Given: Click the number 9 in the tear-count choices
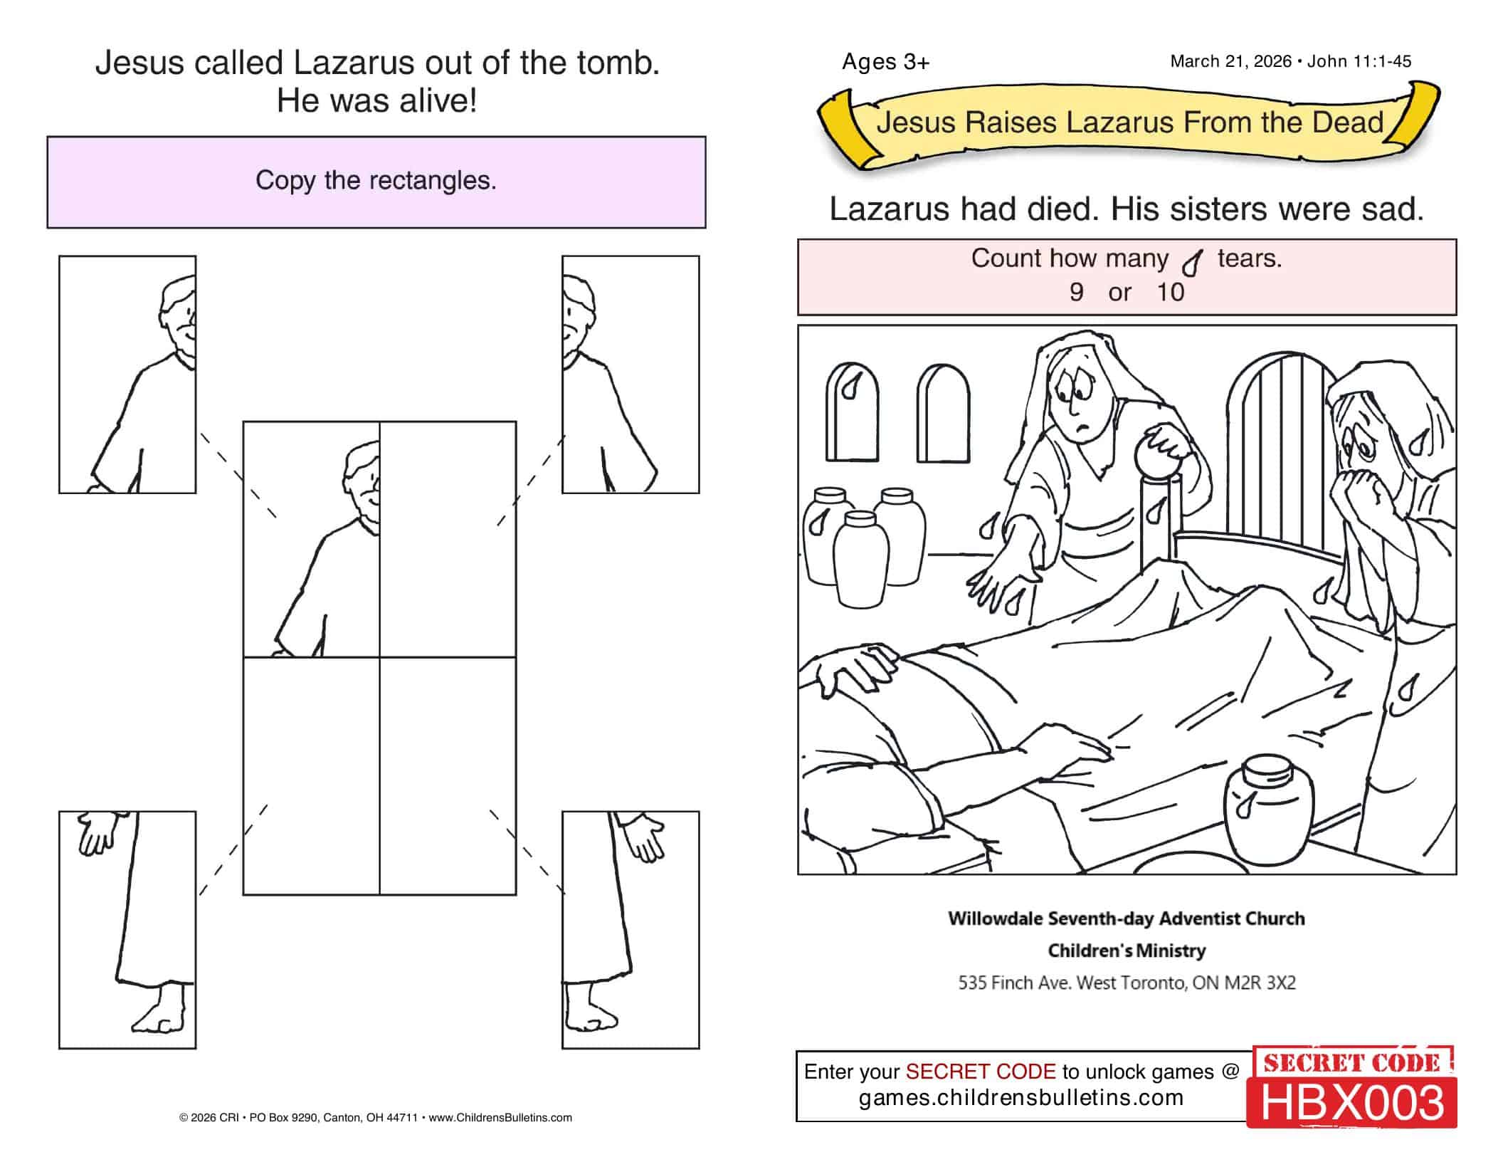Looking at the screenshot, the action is pyautogui.click(x=1076, y=292).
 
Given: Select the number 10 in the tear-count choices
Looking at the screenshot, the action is pyautogui.click(x=1170, y=292).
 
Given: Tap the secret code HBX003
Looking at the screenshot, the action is pyautogui.click(x=1352, y=1102).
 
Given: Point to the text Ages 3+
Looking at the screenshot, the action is pyautogui.click(x=885, y=62).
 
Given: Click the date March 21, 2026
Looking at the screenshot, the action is pyautogui.click(x=1230, y=61).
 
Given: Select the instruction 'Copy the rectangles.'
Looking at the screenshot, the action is pyautogui.click(x=376, y=180).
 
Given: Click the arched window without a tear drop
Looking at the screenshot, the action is pyautogui.click(x=943, y=414).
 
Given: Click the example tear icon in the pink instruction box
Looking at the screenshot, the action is pyautogui.click(x=1192, y=263).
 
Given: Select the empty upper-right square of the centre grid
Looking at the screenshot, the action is pyautogui.click(x=448, y=539).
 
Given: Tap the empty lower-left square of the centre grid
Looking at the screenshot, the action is pyautogui.click(x=312, y=775).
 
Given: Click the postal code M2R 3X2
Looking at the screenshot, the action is pyautogui.click(x=1260, y=983).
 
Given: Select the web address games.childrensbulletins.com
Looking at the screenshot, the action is pyautogui.click(x=1021, y=1097).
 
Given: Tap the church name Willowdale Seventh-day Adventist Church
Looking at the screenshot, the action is pyautogui.click(x=1127, y=918).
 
